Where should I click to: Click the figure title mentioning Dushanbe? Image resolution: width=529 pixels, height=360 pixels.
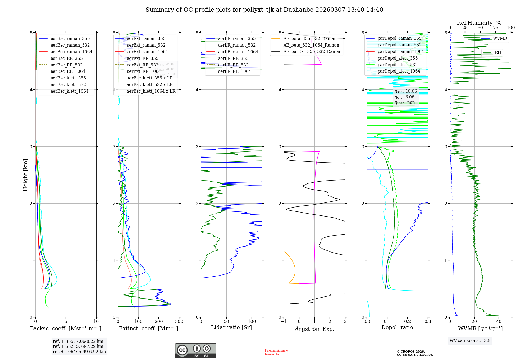coord(264,10)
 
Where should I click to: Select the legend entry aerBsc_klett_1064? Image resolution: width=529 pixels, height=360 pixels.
coord(69,91)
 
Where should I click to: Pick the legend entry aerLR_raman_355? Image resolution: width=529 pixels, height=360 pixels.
coord(237,39)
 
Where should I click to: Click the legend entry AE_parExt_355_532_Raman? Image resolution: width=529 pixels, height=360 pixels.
coord(312,52)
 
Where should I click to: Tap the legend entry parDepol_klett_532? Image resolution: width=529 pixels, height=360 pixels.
coord(397,65)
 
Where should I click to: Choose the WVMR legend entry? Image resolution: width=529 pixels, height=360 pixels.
coord(500,38)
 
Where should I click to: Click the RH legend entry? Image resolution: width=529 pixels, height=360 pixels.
coord(498,53)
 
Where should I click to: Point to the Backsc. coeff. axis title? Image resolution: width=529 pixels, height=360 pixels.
coord(66,328)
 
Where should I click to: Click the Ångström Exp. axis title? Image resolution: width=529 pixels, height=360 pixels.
coord(314,329)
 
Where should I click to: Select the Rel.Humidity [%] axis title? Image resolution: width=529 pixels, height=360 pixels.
coord(480,23)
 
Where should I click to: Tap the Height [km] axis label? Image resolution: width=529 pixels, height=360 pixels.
coord(25,175)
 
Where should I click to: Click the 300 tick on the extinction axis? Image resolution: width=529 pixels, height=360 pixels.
coord(179,322)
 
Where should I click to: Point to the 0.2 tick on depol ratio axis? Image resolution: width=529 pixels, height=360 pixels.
coord(408,322)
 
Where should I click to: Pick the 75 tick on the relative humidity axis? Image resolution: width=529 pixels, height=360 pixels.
coord(496,28)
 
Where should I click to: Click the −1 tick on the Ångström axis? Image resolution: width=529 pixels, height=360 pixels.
coord(284,322)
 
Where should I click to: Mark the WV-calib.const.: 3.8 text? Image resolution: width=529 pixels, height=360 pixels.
coord(470,341)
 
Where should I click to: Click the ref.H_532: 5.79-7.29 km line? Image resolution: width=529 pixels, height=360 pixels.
coord(78,346)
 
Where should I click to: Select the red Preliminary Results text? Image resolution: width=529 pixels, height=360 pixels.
coord(276,352)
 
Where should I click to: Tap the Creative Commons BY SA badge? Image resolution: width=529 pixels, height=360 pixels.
coord(195,351)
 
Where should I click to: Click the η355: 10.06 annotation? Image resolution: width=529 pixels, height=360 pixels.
coord(406,91)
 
